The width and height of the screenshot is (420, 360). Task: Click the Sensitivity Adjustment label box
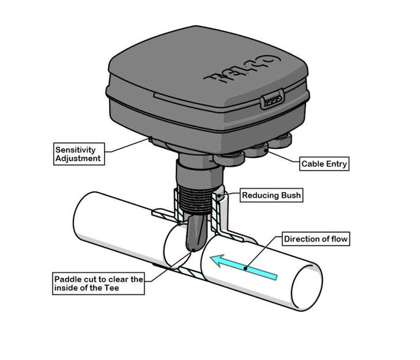point(79,154)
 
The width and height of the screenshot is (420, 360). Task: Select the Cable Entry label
point(325,164)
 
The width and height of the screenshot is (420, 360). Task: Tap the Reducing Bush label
point(271,195)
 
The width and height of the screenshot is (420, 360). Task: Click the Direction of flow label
point(316,239)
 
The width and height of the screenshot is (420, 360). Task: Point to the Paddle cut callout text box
point(98,284)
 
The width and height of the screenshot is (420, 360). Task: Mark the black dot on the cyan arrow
point(247,268)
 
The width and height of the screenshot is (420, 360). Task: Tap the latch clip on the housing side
point(271,99)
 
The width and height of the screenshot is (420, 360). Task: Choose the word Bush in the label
point(288,195)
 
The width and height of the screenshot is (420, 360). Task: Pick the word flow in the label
point(337,239)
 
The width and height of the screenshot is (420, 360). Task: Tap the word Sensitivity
point(75,149)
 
